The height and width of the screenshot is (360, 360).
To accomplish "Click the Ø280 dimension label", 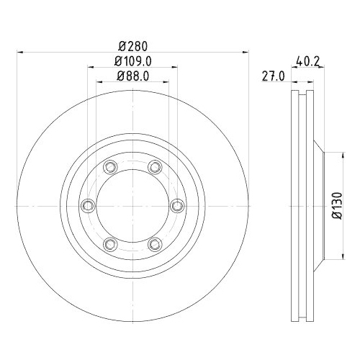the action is tap(132, 46).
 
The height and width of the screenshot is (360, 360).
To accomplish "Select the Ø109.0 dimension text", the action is tap(132, 61).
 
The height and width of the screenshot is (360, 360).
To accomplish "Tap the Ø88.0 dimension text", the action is tap(132, 76).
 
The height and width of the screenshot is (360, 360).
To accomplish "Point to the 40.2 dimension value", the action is tap(307, 61).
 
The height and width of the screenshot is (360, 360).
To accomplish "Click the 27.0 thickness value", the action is tap(273, 76).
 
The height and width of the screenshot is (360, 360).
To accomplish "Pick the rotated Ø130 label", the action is tap(337, 205).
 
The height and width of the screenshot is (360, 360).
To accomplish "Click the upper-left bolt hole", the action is tap(110, 167).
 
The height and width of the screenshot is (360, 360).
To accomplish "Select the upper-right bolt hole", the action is tap(155, 167).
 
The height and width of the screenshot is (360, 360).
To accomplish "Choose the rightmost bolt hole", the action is tap(177, 206).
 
